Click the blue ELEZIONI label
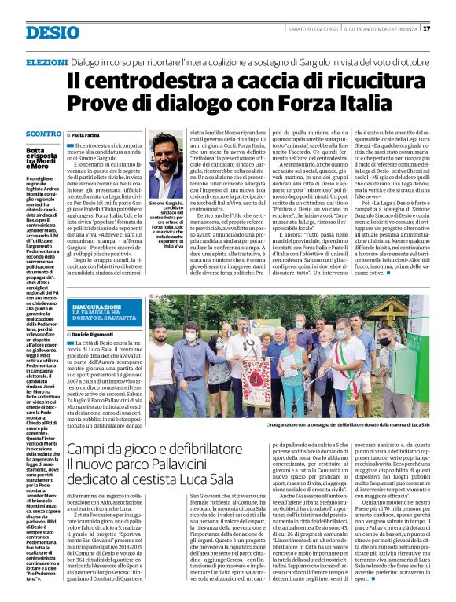pyautogui.click(x=46, y=61)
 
